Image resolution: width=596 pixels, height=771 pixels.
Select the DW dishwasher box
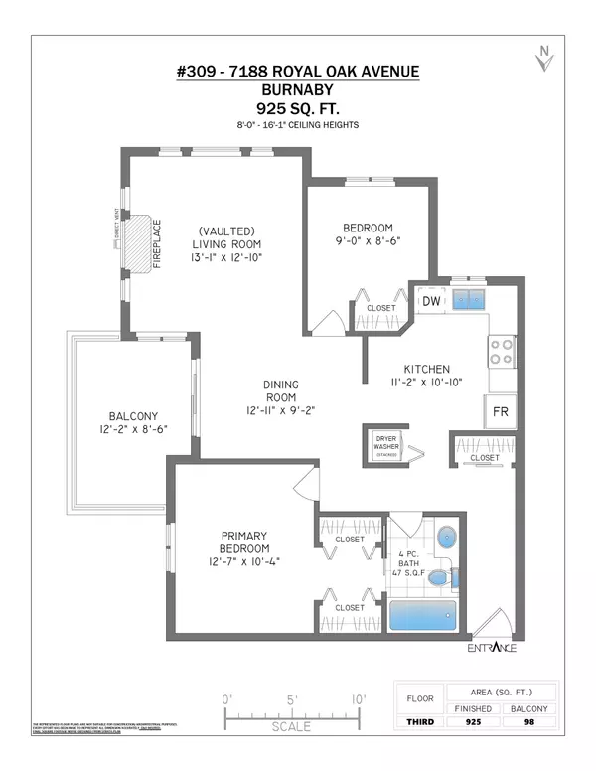[430, 301]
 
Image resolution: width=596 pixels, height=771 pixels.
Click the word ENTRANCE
[490, 649]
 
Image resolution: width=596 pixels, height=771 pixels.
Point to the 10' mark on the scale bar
[356, 700]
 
